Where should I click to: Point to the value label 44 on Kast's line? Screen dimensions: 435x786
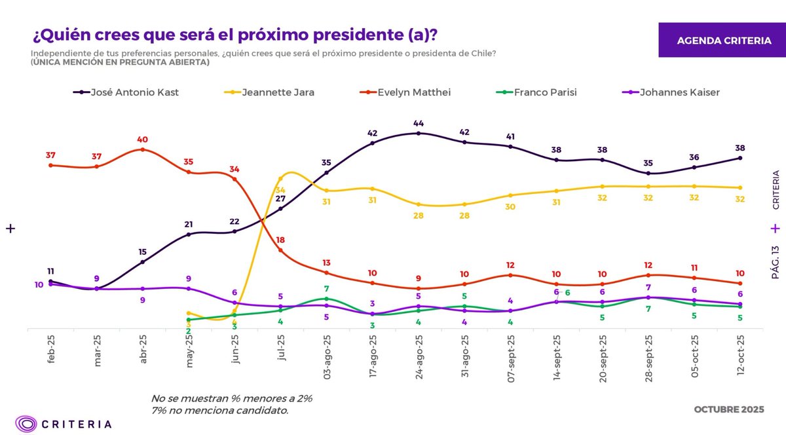(419, 123)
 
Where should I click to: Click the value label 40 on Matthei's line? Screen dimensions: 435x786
(142, 140)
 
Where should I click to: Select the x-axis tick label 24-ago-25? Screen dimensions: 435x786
(419, 359)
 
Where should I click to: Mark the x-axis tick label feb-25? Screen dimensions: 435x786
(52, 352)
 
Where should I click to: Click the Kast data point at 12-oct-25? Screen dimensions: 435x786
(740, 158)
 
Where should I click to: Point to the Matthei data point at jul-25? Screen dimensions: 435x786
(280, 250)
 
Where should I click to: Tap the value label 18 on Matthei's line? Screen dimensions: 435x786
(280, 240)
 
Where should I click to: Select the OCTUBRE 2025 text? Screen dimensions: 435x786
(728, 410)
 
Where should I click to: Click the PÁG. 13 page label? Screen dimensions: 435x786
(776, 263)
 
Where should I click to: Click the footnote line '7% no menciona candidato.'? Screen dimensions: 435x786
(219, 410)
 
